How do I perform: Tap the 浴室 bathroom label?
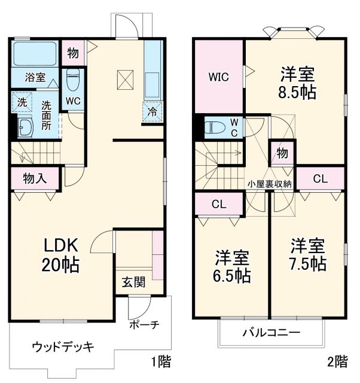click(35, 77)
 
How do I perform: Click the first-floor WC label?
click(73, 101)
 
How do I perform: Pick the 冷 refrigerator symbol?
click(152, 111)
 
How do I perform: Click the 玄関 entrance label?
click(134, 282)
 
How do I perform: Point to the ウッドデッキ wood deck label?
click(63, 347)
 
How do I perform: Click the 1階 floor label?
click(160, 361)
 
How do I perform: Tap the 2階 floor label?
click(337, 361)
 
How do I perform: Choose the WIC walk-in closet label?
click(218, 77)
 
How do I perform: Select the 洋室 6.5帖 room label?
click(233, 266)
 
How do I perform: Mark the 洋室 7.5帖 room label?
click(308, 254)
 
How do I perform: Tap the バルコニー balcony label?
click(271, 333)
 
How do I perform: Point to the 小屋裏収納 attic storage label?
click(270, 184)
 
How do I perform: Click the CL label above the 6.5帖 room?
click(219, 204)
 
